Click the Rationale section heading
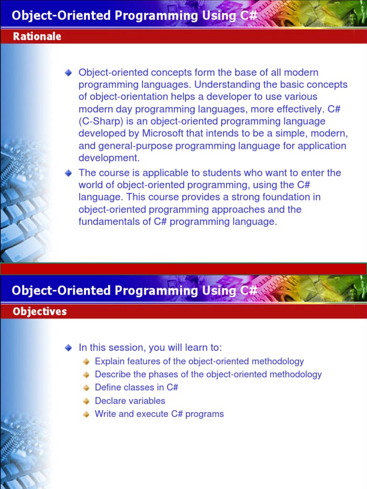click(x=37, y=37)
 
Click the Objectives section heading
click(x=40, y=312)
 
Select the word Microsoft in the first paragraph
click(x=164, y=133)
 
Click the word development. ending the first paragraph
click(x=109, y=158)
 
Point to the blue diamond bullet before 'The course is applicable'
click(x=69, y=173)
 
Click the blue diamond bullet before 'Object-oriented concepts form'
click(x=69, y=73)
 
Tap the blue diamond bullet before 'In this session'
click(x=69, y=348)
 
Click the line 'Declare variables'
click(x=130, y=401)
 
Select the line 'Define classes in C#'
click(x=136, y=388)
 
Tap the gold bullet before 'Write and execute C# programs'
click(x=86, y=415)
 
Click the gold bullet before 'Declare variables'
click(x=86, y=401)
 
